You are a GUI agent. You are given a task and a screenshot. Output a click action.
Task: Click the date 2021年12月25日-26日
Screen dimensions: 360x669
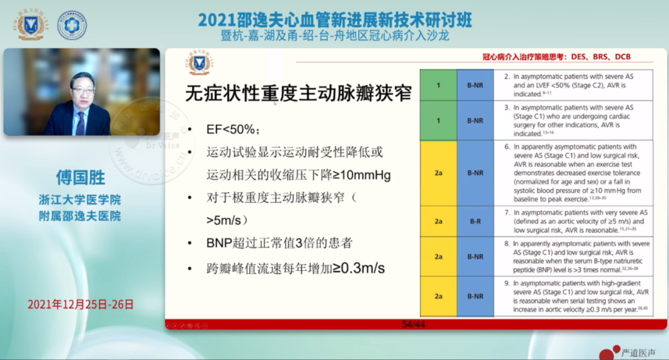[81, 304]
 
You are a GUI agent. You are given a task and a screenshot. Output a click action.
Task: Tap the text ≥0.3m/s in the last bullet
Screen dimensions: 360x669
[362, 269]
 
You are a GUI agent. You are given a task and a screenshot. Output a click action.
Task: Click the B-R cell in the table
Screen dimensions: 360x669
[475, 221]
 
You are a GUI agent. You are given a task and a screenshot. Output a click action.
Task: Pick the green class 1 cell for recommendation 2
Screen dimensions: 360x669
[439, 85]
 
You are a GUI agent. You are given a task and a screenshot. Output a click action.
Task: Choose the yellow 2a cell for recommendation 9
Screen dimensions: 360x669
[439, 296]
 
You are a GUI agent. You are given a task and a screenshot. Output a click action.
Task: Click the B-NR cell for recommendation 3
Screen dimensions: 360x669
[475, 120]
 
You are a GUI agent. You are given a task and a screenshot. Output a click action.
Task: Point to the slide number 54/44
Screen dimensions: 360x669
[413, 324]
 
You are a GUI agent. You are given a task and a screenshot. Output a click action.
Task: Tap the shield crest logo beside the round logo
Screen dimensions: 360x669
[30, 25]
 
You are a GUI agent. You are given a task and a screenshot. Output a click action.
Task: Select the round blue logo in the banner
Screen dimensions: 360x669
[72, 25]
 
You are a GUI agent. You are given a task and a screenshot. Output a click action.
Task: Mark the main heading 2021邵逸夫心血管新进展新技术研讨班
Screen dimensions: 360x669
[334, 20]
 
